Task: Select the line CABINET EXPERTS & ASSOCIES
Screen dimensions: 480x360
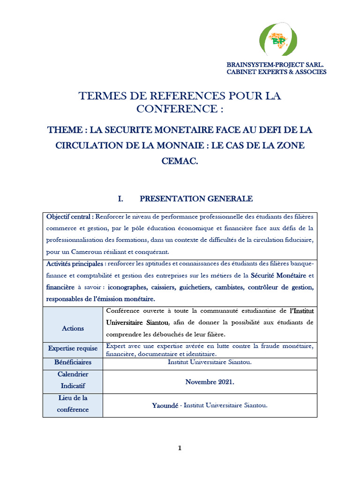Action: point(277,72)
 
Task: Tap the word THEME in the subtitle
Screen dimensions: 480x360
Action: point(63,130)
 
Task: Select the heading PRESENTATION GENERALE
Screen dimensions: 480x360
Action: point(196,199)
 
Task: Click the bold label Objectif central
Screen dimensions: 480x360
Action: point(69,217)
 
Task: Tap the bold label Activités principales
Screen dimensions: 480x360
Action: point(75,263)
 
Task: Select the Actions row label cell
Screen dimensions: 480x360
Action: point(73,329)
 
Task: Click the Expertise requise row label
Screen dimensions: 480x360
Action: point(73,348)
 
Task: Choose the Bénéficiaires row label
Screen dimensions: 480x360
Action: point(73,362)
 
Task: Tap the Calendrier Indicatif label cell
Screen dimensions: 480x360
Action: point(73,381)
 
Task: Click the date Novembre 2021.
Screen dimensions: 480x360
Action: point(210,382)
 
